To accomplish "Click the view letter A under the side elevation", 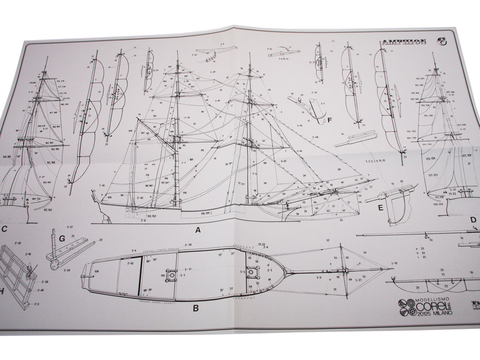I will (197, 229).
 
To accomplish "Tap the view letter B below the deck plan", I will (195, 310).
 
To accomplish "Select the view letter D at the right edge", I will (473, 220).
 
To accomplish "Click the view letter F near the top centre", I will (329, 120).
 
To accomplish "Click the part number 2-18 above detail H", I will (28, 255).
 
